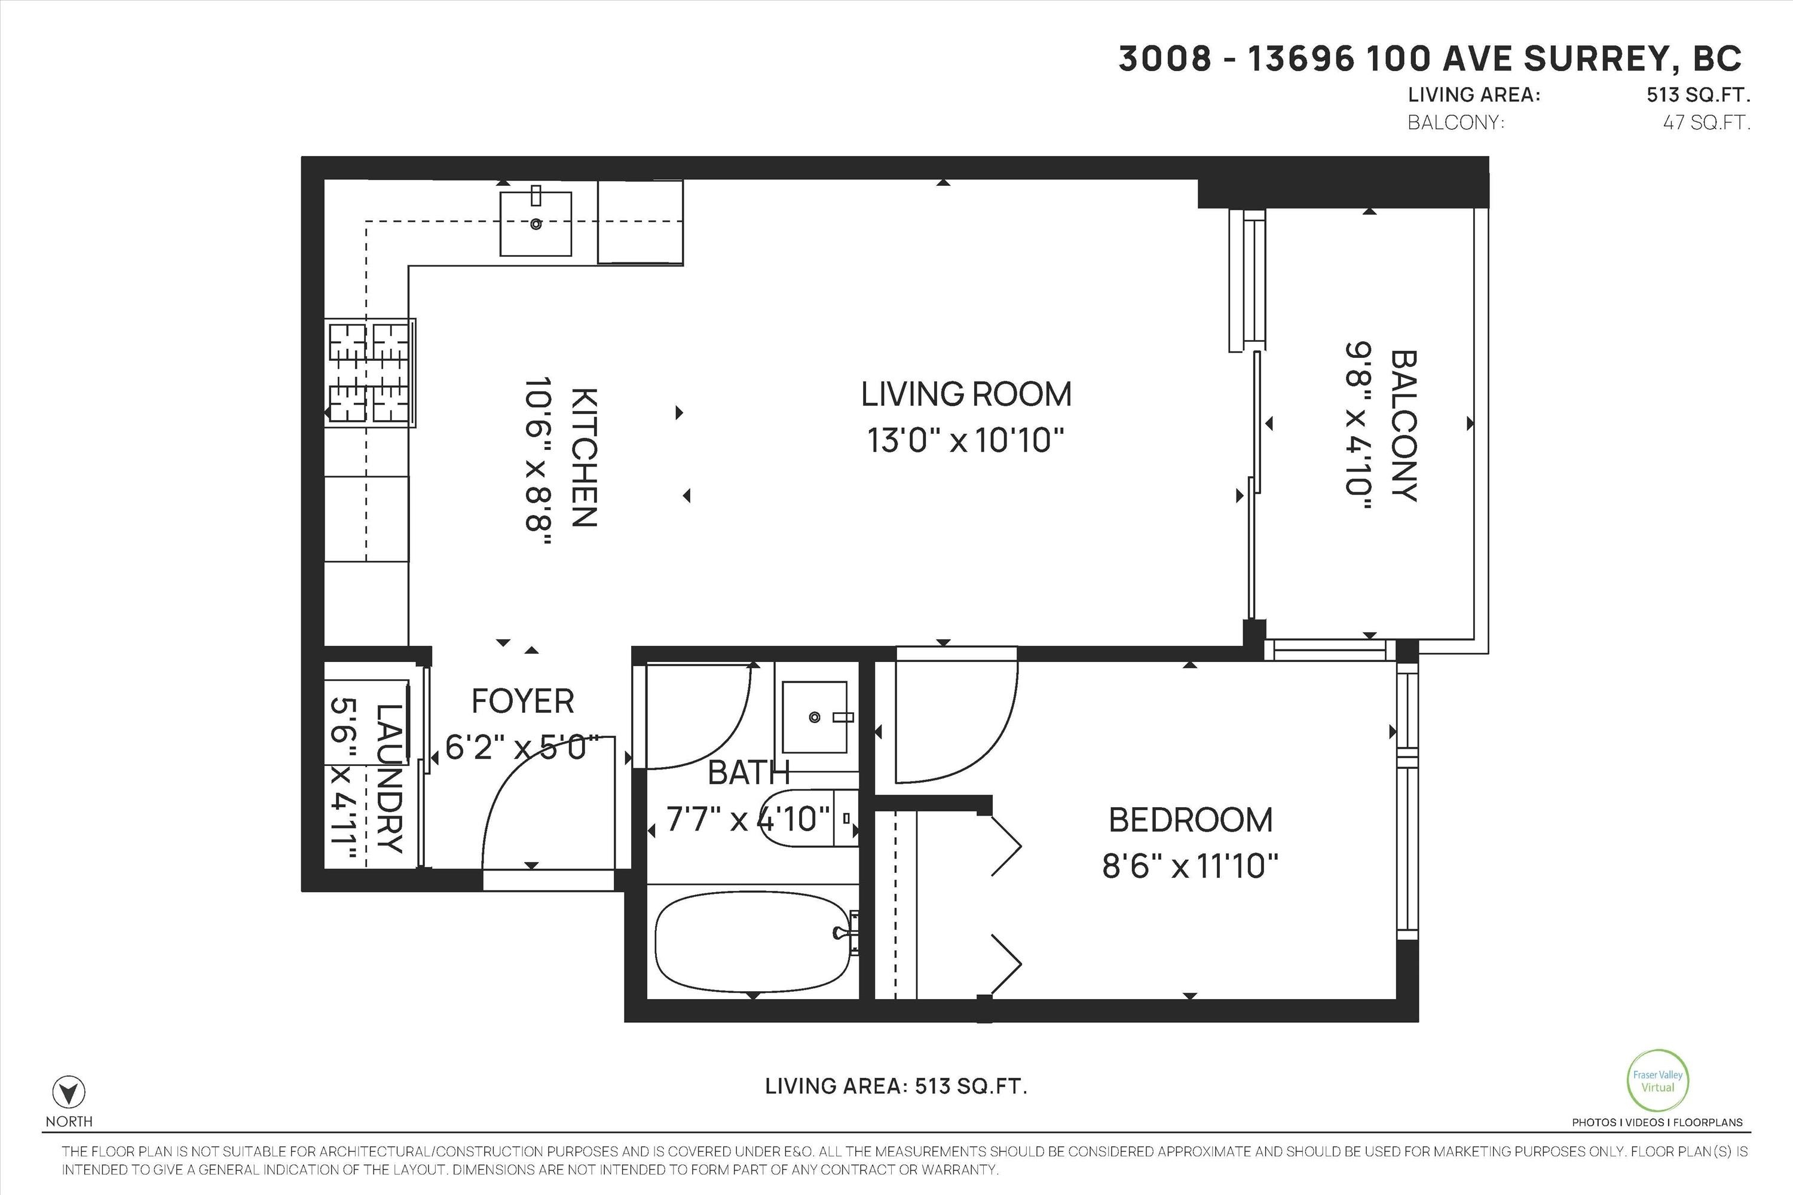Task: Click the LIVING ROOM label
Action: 966,394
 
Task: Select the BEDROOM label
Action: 1190,820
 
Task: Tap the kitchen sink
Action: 535,223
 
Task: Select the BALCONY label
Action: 1403,425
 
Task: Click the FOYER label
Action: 522,701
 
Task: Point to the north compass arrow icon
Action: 69,1093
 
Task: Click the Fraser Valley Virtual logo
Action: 1657,1081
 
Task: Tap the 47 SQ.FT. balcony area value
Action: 1706,122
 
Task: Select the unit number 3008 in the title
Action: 1165,59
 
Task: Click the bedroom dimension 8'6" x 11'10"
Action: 1190,866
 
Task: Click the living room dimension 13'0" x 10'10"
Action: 965,440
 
